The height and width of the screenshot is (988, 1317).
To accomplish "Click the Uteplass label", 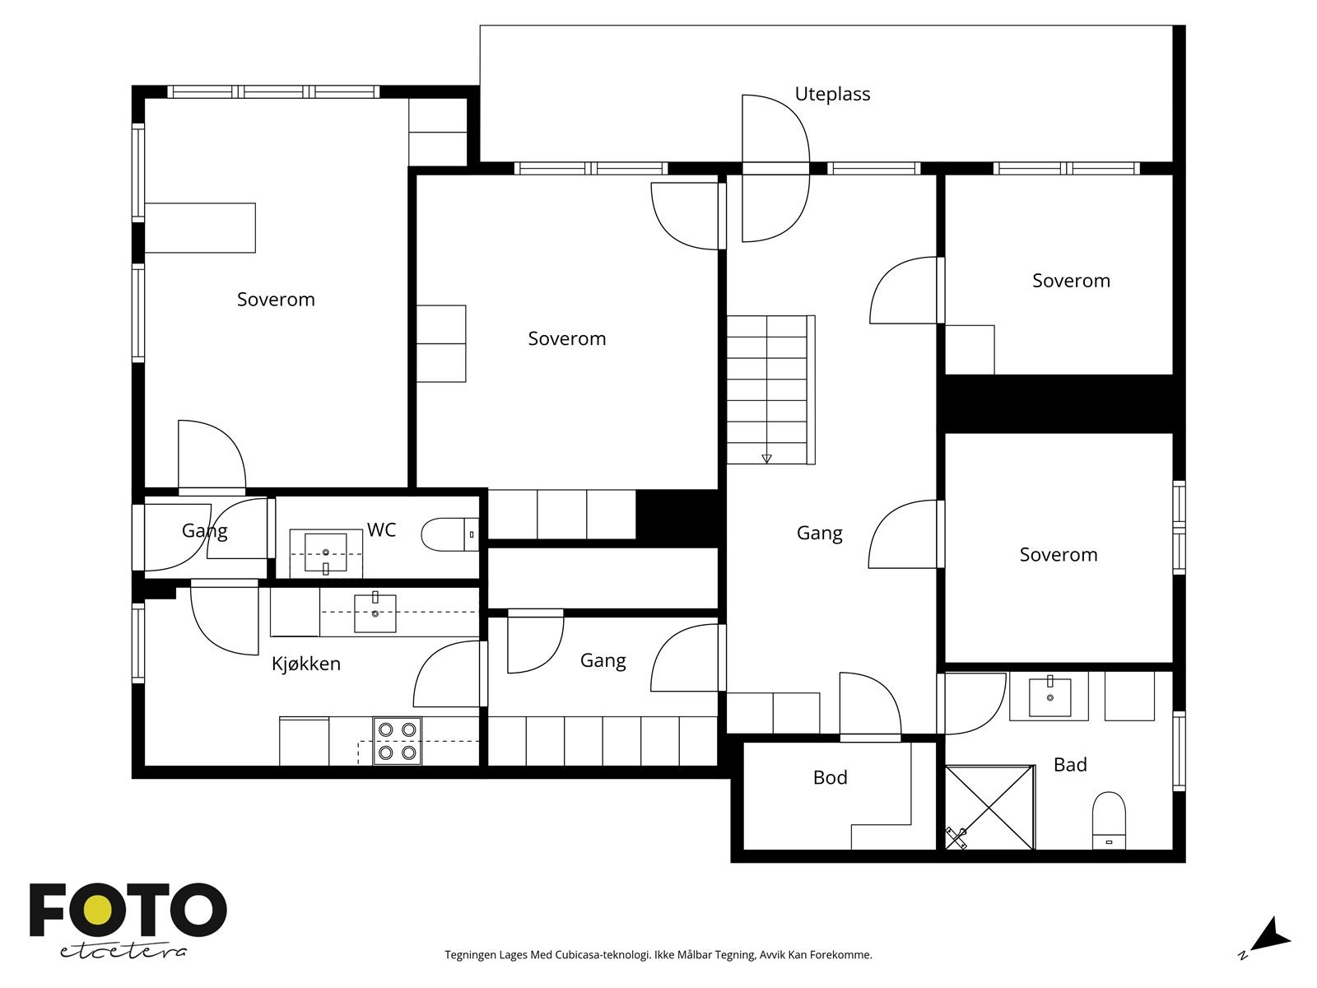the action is [832, 94].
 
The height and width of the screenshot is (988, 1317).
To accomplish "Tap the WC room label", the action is [382, 529].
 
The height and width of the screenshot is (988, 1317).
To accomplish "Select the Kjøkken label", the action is [306, 664].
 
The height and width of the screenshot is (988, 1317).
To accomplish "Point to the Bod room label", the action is [831, 777].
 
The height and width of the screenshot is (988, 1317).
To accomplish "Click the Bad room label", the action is [1070, 765].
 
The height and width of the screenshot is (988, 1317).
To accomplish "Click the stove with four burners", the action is [398, 741].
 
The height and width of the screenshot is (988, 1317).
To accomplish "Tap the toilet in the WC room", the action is [450, 534].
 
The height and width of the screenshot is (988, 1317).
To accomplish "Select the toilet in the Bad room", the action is [1109, 820].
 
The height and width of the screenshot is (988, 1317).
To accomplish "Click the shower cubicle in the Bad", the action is [990, 808].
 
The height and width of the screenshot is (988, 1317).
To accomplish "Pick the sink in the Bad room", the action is [1050, 697].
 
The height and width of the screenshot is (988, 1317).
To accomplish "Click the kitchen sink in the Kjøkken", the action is [375, 613].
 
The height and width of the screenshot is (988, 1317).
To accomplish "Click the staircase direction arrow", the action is [766, 459].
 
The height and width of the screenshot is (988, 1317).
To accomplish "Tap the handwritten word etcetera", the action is [123, 951].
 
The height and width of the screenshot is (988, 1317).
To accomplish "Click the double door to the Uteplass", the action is [776, 169].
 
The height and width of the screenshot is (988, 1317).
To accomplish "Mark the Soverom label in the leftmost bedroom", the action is [276, 300].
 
